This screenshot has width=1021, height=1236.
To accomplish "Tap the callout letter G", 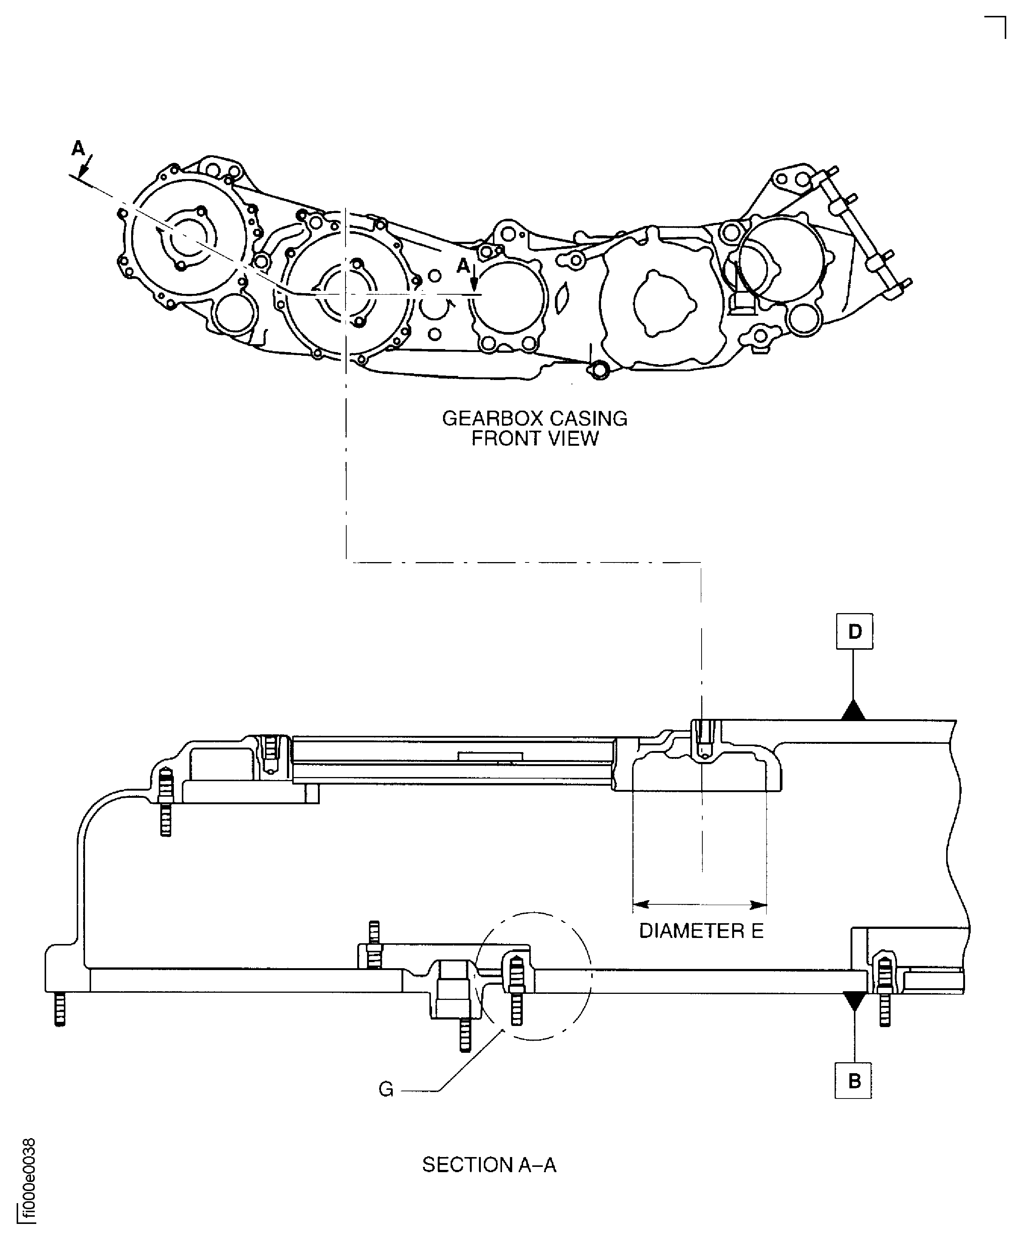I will click(x=386, y=1089).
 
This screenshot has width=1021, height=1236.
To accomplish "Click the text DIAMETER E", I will click(x=701, y=931).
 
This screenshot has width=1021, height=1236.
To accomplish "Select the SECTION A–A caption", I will click(x=489, y=1165).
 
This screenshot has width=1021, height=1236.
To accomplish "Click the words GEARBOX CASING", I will click(x=535, y=419).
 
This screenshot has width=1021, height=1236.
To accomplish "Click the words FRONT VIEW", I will click(x=535, y=439).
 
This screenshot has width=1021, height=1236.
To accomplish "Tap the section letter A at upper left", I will click(x=77, y=149).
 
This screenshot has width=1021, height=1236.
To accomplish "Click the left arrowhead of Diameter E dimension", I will click(x=640, y=904).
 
